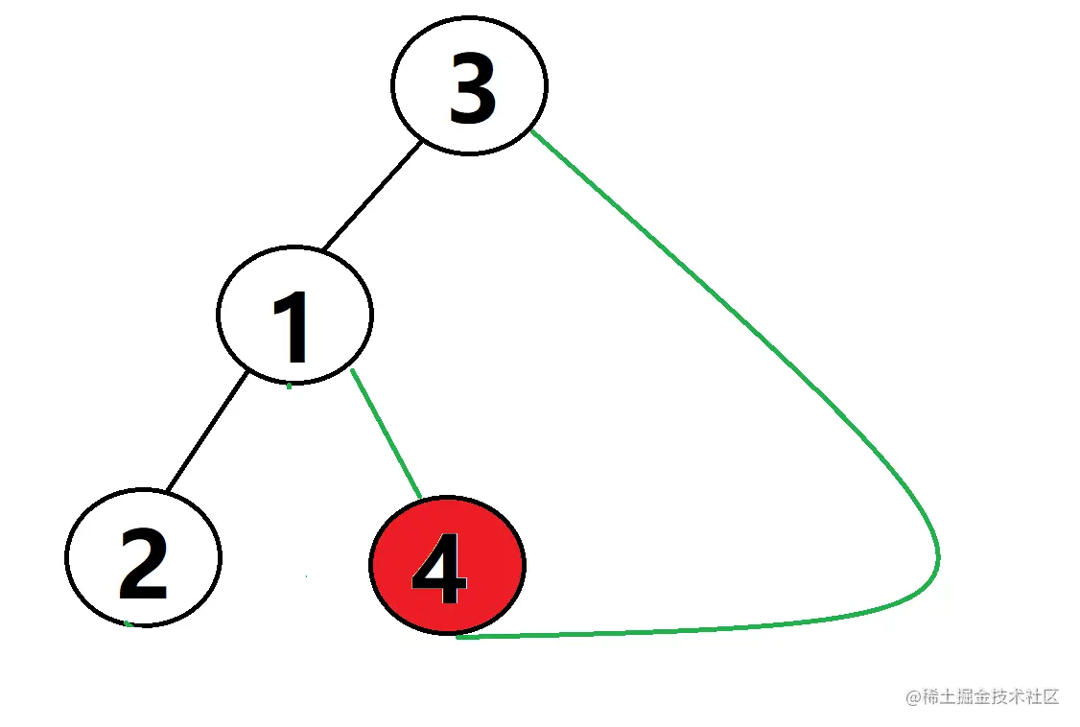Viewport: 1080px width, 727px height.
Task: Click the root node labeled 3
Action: [469, 84]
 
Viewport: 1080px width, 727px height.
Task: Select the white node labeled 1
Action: [294, 313]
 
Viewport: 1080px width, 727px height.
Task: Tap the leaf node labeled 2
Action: [143, 556]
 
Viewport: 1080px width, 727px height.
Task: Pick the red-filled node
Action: [447, 566]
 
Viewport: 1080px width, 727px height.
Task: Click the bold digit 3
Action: [472, 90]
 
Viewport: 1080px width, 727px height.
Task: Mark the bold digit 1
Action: [292, 327]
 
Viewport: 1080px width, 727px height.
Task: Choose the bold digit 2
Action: [143, 564]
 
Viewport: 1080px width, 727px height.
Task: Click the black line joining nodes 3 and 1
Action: [371, 197]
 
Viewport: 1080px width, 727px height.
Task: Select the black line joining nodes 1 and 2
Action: [205, 433]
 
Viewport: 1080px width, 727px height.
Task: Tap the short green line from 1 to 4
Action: [387, 434]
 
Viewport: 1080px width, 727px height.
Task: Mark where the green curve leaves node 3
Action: [533, 132]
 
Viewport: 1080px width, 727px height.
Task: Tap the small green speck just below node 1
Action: [289, 387]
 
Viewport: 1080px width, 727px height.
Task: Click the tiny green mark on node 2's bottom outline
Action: [128, 624]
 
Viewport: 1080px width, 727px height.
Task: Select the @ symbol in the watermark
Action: [913, 697]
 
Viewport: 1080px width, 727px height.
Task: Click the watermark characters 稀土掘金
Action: [955, 697]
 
